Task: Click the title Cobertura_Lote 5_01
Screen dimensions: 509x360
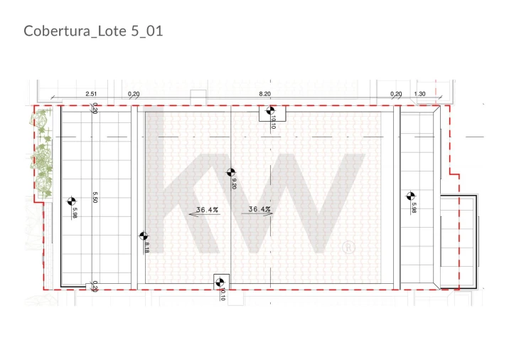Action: pyautogui.click(x=93, y=31)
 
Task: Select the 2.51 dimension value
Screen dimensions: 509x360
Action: pyautogui.click(x=91, y=94)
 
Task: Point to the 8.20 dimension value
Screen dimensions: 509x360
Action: pyautogui.click(x=264, y=94)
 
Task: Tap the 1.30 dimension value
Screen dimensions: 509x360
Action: pyautogui.click(x=419, y=94)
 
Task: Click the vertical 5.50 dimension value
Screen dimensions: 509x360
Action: pyautogui.click(x=95, y=197)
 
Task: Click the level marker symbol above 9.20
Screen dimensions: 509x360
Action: pyautogui.click(x=231, y=172)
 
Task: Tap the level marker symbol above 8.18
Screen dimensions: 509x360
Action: pyautogui.click(x=144, y=236)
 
